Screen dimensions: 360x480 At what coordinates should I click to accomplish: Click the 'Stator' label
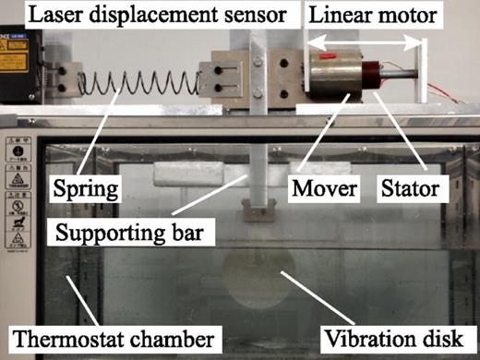[x=408, y=192]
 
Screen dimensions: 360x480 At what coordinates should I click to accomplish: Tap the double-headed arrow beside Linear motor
[x=366, y=42]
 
